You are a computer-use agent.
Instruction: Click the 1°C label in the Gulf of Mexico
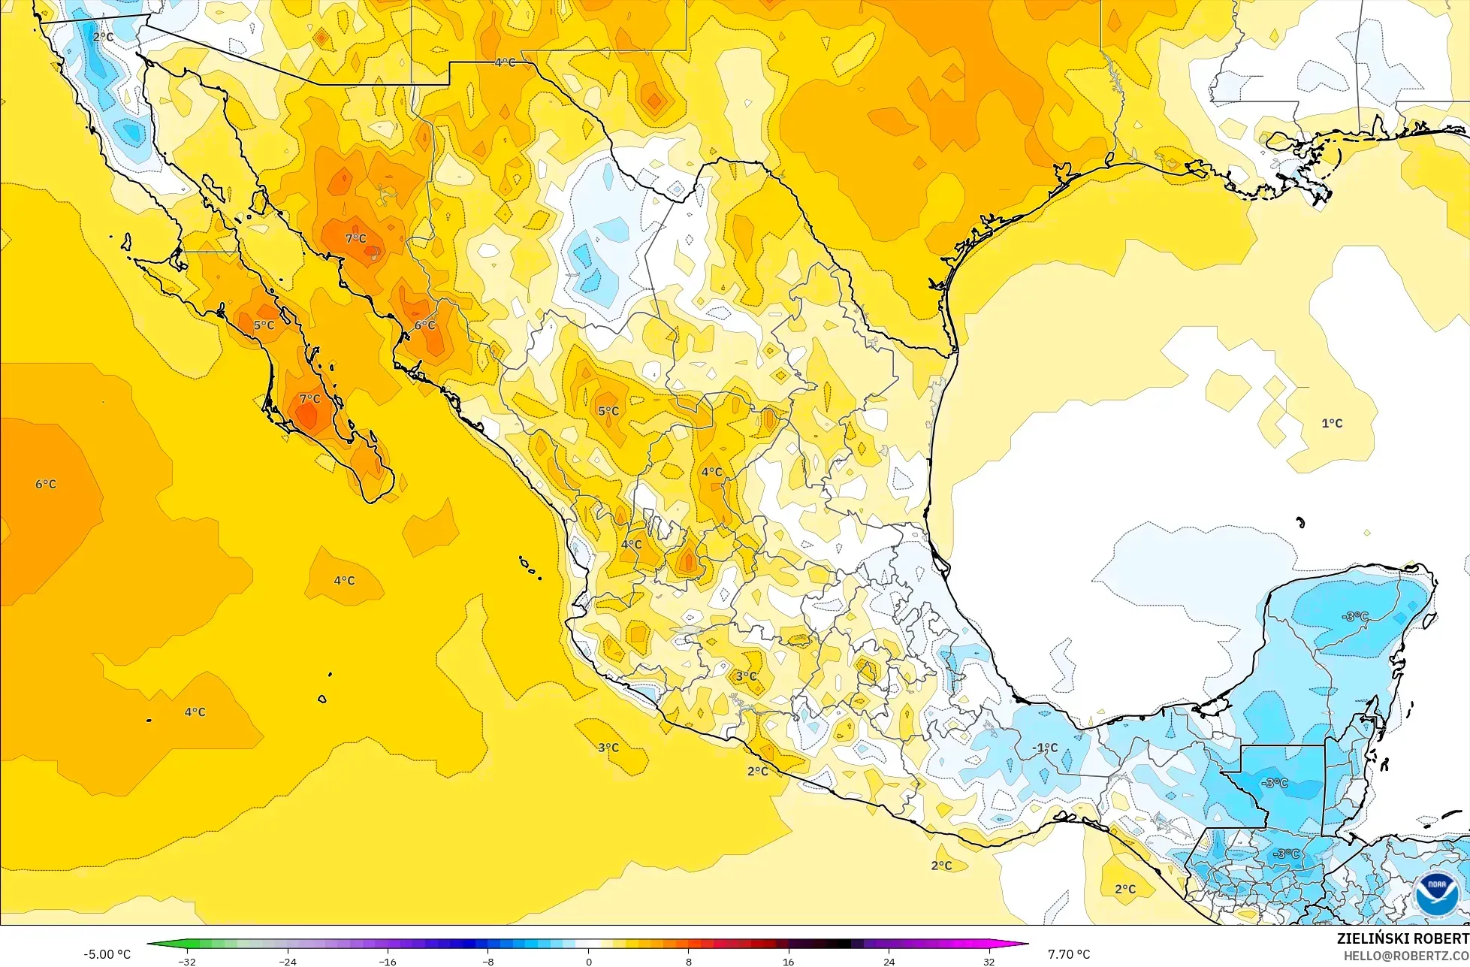pos(1332,424)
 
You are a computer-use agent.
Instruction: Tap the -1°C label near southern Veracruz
pos(1044,748)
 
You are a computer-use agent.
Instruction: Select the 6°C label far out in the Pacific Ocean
pos(46,484)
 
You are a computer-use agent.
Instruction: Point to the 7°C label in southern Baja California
pos(309,399)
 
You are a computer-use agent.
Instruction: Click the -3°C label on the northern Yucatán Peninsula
pos(1354,616)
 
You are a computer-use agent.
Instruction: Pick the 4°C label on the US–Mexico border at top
pos(505,62)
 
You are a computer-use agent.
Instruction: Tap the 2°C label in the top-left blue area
pos(103,36)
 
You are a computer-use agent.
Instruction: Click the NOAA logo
pos(1436,894)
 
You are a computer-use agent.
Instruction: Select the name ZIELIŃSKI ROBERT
pos(1402,938)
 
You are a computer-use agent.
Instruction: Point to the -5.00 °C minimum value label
pos(107,954)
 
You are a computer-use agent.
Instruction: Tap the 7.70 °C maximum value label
pos(1069,954)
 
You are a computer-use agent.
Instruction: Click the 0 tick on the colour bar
pos(588,962)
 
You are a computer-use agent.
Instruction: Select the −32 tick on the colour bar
pos(186,962)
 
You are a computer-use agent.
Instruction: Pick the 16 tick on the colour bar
pos(789,962)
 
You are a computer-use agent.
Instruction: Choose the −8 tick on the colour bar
pos(487,962)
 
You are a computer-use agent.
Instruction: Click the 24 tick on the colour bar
pos(889,962)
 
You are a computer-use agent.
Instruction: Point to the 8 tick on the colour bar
pos(689,962)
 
